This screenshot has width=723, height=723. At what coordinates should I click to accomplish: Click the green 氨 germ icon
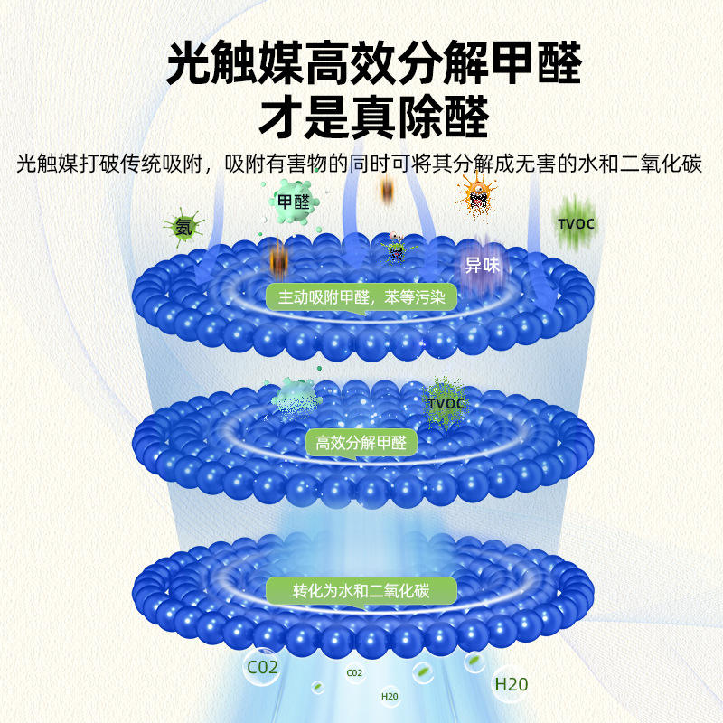pyautogui.click(x=183, y=227)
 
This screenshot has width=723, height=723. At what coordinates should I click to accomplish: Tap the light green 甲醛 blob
pyautogui.click(x=293, y=202)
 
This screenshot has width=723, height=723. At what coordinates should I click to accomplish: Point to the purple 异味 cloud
pyautogui.click(x=483, y=263)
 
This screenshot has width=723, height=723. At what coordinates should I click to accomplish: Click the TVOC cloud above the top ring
pyautogui.click(x=576, y=223)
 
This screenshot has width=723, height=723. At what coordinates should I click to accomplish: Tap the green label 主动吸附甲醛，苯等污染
pyautogui.click(x=361, y=296)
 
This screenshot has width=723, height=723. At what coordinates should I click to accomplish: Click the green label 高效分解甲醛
pyautogui.click(x=361, y=443)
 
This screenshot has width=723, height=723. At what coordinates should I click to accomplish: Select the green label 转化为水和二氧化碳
pyautogui.click(x=361, y=592)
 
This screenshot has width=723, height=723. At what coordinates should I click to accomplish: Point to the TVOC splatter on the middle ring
pyautogui.click(x=445, y=402)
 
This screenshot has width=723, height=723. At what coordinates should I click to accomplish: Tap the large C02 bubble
pyautogui.click(x=263, y=669)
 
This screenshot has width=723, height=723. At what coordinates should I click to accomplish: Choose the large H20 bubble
pyautogui.click(x=511, y=683)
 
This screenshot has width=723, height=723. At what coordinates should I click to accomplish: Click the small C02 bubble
pyautogui.click(x=354, y=672)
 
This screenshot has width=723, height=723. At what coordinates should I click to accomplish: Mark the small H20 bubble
pyautogui.click(x=390, y=696)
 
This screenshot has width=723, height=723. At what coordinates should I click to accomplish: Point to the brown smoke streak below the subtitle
pyautogui.click(x=388, y=190)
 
